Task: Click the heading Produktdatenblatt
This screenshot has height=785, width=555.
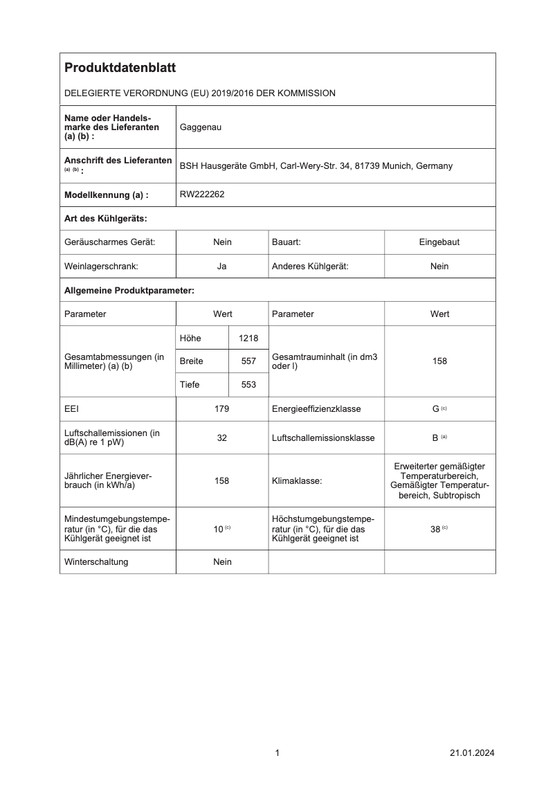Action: click(x=120, y=68)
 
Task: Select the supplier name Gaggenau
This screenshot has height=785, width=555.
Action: click(x=201, y=127)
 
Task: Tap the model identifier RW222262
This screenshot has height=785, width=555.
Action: click(x=202, y=195)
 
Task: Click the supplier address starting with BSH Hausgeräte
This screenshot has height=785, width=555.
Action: click(x=316, y=166)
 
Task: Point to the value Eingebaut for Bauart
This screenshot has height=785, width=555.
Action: click(x=439, y=242)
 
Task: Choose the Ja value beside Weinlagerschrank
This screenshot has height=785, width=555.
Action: click(x=222, y=266)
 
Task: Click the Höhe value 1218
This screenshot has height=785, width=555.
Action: click(x=248, y=338)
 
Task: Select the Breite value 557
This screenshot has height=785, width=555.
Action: click(x=248, y=361)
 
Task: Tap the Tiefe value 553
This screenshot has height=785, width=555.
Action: click(x=248, y=385)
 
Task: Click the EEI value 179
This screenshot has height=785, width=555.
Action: click(x=222, y=409)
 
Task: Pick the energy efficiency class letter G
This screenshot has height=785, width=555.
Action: click(x=436, y=409)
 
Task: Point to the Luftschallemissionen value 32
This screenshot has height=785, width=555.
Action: click(x=222, y=438)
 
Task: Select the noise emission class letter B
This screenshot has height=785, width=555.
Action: click(x=435, y=438)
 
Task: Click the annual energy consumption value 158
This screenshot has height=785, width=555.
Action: click(x=222, y=480)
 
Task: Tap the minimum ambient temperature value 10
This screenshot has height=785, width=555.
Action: click(x=218, y=529)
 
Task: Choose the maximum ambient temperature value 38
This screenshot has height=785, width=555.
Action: click(x=435, y=529)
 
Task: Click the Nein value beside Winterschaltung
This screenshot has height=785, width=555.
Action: click(x=222, y=562)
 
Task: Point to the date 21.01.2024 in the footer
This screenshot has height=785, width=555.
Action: click(x=472, y=753)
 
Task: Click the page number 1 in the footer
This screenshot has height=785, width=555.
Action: click(x=277, y=753)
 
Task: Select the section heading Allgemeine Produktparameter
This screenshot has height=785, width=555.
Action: click(x=129, y=290)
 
